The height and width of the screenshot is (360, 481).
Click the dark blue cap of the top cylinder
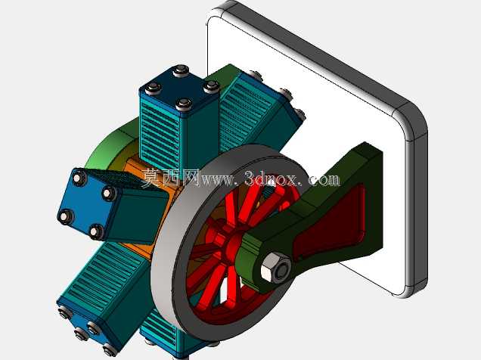click(x=178, y=85)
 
